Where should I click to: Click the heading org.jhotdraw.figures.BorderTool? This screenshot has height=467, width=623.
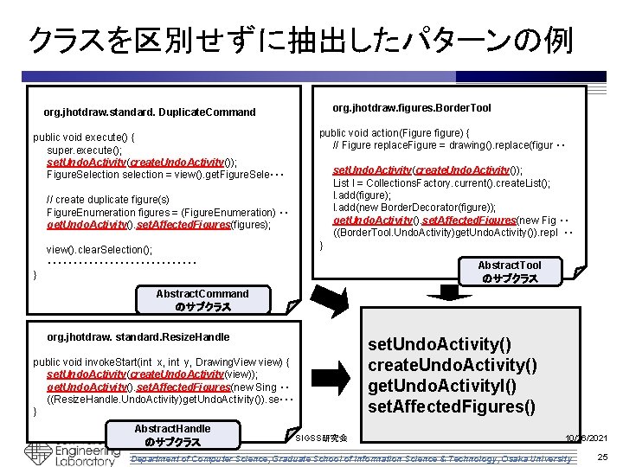coord(412,108)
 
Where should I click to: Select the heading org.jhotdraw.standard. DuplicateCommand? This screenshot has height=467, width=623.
coord(150,112)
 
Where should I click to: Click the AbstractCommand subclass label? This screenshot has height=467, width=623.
coord(202,300)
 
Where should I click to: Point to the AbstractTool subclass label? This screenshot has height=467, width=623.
coord(510,272)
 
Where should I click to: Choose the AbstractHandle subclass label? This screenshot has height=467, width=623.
coord(172,435)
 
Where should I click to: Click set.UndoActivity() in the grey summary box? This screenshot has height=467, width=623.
coord(440,345)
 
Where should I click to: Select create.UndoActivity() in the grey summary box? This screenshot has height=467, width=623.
coord(453,365)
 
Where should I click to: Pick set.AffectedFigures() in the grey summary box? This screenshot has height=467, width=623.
coord(452,406)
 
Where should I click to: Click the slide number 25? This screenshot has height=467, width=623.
coord(602,457)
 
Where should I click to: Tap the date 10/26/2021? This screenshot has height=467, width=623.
coord(588,439)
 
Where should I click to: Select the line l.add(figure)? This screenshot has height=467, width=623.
coord(363,195)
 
